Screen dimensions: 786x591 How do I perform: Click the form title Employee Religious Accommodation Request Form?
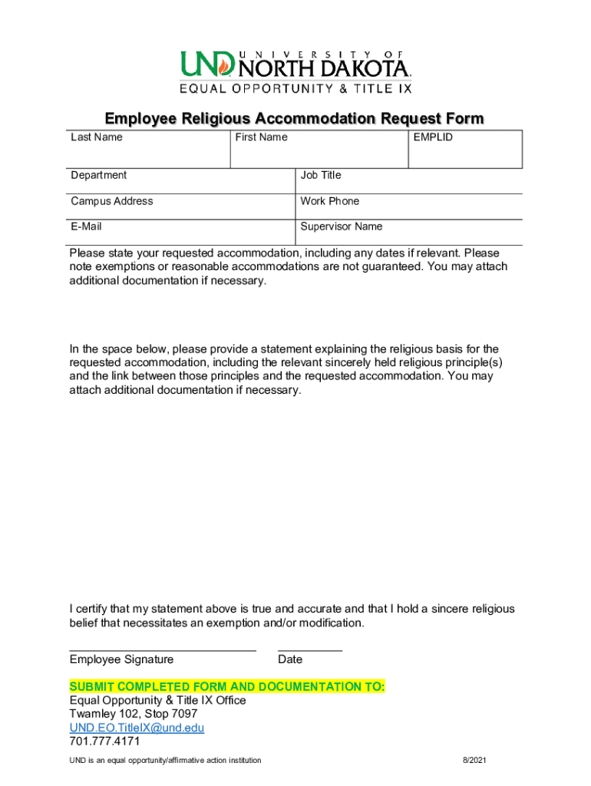pos(295,118)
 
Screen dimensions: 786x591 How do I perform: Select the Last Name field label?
pos(97,137)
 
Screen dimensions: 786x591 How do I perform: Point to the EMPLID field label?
pos(433,137)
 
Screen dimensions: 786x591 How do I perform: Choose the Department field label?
pos(99,175)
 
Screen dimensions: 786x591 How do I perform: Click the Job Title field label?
pos(321,175)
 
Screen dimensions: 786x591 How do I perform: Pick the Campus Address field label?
pos(112,201)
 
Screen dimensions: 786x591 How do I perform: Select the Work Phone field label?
pos(330,201)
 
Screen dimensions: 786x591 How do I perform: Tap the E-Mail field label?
pos(87,226)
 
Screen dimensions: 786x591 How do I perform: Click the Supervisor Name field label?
pos(342,226)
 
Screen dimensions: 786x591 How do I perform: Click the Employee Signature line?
pos(163,649)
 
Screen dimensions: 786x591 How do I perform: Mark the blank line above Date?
pos(309,649)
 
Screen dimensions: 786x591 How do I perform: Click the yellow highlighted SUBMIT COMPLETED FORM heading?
pos(227,686)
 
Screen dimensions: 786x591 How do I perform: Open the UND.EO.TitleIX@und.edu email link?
pos(137,728)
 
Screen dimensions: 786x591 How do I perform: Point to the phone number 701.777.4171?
pos(105,741)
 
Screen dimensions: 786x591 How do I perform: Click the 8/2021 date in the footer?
pos(474,761)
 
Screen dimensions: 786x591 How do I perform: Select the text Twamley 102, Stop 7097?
pos(134,714)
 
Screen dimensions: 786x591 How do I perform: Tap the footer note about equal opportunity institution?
pos(165,761)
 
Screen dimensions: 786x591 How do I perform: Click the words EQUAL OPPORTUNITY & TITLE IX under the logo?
pos(295,88)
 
